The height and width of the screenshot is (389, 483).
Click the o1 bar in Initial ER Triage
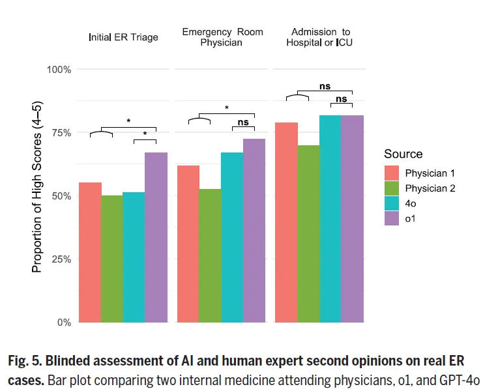coord(156,237)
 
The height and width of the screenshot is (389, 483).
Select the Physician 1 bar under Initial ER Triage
coord(90,253)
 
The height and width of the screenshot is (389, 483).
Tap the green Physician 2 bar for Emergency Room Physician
coord(210,255)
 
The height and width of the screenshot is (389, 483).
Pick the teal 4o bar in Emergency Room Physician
coord(232,237)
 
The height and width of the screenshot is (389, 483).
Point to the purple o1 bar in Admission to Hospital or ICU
coord(353,219)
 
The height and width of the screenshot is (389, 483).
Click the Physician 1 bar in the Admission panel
coord(286,222)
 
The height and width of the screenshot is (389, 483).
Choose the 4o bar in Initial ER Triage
coord(134,257)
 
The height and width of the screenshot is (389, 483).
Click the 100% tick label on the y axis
coord(59,70)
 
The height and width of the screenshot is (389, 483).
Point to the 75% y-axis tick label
coord(62,133)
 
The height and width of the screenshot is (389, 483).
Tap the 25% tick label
coord(62,259)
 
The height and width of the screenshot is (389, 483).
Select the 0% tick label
coord(65,323)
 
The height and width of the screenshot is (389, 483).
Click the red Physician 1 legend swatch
coord(392,173)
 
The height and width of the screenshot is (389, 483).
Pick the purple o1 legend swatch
coord(392,218)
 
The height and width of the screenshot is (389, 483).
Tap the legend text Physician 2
coord(430,188)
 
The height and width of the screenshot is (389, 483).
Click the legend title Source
coord(403,154)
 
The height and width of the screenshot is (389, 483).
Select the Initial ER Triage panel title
coord(124,37)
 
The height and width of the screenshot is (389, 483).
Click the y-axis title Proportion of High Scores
coord(37,187)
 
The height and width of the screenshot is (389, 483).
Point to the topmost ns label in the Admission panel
coord(325,86)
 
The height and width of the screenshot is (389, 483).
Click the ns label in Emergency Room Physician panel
coord(243,122)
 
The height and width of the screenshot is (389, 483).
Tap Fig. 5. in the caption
coord(25,361)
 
